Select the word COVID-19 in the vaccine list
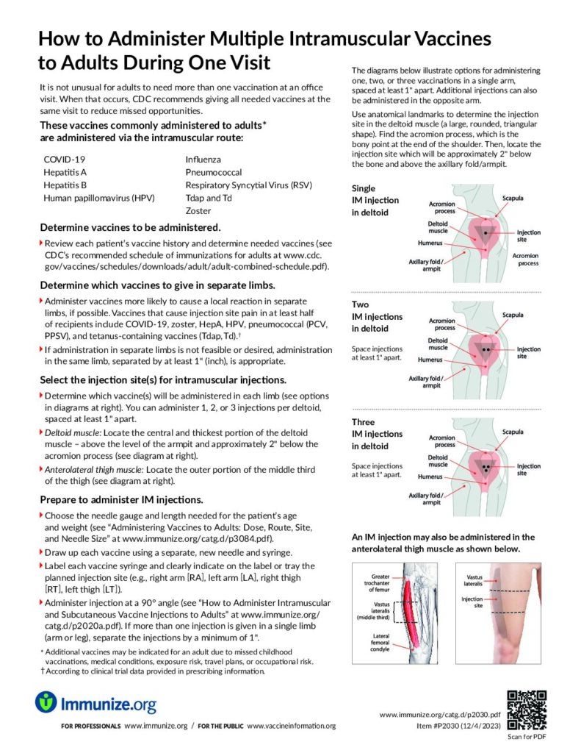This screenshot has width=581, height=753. coord(65,159)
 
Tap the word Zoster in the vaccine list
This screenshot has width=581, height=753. coord(198,211)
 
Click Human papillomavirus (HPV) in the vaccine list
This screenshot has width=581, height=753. coord(95,198)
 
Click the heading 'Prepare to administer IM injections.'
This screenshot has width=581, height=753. coord(121,500)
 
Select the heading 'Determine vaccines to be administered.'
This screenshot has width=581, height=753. coord(130,226)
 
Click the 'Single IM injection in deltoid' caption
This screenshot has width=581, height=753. coord(375,200)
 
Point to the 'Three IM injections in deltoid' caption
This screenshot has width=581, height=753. coord(377,434)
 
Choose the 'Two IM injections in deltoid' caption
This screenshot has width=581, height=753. coord(377,316)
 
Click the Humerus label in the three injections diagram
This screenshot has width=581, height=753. coord(430,477)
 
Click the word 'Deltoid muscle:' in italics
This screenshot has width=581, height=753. coord(76,432)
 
